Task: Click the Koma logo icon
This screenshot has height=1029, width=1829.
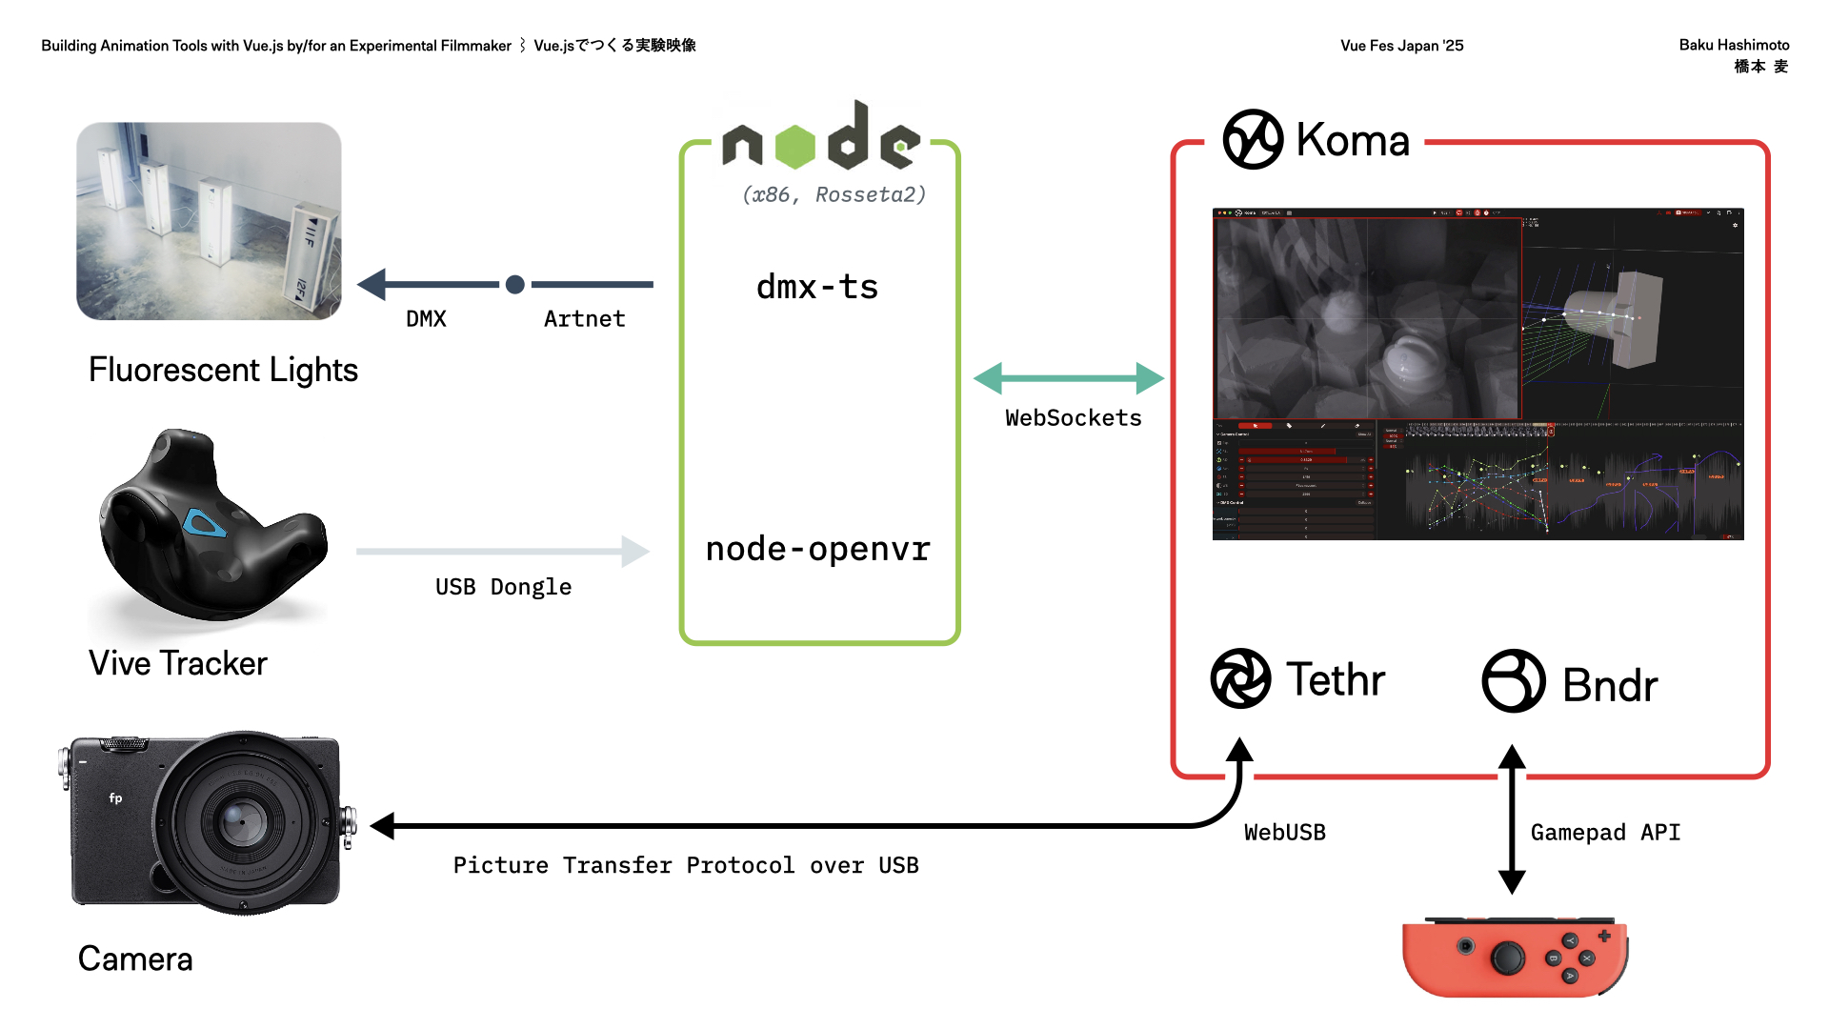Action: [1253, 139]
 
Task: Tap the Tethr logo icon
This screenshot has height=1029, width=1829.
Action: [1240, 678]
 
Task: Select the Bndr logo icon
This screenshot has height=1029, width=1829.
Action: [1513, 680]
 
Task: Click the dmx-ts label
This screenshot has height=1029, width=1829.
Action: [817, 287]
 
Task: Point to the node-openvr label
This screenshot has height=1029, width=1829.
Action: [817, 549]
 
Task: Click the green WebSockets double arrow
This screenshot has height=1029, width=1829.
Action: [1068, 378]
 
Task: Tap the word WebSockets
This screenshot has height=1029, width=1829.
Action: [1073, 418]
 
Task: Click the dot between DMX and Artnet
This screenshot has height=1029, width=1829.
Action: [515, 284]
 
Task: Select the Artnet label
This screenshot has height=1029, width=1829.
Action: [584, 319]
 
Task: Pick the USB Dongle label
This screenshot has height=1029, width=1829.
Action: [503, 587]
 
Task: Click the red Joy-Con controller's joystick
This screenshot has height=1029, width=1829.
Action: [1507, 958]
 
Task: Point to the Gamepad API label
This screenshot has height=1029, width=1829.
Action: [1605, 833]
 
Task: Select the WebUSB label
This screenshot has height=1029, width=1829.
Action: [1284, 833]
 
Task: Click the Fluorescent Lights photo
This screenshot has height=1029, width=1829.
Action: [209, 221]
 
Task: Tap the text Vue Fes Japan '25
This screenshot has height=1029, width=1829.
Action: [1401, 46]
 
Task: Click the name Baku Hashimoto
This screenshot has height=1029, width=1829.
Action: [1733, 45]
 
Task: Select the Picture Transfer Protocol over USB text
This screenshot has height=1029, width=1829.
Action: [686, 865]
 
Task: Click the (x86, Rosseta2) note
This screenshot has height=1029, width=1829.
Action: [834, 195]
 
